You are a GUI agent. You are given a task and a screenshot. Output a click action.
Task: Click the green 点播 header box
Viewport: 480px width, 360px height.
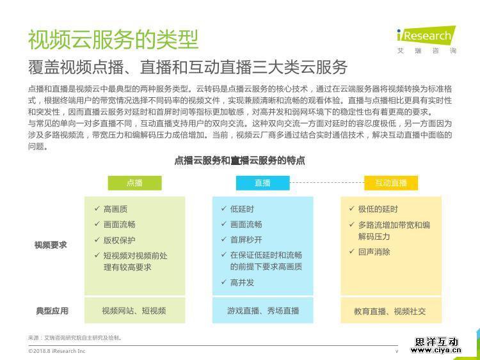click(134, 183)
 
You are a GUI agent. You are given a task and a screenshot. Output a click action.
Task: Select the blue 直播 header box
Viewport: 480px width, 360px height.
click(262, 183)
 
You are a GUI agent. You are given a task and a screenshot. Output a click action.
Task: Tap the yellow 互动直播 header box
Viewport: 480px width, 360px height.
click(391, 183)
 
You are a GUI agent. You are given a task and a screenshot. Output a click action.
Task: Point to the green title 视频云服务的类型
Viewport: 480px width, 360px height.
click(113, 40)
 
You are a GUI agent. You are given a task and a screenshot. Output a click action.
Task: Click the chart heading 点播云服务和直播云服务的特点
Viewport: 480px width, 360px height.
click(240, 160)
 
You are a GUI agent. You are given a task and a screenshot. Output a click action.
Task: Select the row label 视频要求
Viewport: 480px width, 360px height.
click(51, 245)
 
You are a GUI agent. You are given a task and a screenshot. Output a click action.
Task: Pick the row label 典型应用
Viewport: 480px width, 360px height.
click(52, 311)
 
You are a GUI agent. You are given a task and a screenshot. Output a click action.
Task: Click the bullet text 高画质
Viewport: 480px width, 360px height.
click(115, 209)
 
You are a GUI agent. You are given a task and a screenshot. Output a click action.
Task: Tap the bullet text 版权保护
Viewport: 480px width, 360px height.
click(120, 240)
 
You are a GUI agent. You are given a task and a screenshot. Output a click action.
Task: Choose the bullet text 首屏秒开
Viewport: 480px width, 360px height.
click(246, 240)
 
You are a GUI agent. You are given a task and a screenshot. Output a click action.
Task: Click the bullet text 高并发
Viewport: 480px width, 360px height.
click(242, 283)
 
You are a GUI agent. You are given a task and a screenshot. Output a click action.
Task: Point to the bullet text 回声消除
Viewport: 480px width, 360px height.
click(374, 252)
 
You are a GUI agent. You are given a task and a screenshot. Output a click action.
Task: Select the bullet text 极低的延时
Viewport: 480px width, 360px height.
click(378, 209)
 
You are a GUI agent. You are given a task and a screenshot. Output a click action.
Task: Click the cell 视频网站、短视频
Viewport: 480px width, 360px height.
click(134, 311)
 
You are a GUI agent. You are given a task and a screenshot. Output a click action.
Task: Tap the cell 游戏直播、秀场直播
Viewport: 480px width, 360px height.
click(263, 311)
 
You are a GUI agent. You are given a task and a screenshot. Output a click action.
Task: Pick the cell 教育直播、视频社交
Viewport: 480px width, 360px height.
click(390, 311)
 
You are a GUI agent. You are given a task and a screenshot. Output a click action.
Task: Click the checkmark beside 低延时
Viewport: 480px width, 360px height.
click(224, 208)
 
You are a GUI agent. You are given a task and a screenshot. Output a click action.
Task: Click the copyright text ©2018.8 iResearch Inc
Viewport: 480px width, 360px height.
click(56, 351)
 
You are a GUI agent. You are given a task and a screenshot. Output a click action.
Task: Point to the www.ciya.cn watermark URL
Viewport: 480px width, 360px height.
click(436, 350)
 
